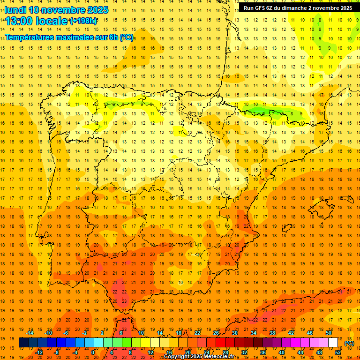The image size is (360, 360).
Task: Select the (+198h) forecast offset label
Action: (x=83, y=21)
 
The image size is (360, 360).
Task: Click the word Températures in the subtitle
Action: (x=31, y=37)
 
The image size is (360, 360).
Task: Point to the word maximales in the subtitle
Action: (x=78, y=37)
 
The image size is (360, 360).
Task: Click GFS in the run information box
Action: (x=261, y=8)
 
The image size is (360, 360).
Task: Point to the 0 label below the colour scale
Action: (x=93, y=352)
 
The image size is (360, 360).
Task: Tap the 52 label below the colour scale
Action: (x=338, y=352)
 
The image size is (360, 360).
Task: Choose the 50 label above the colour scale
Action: (x=329, y=333)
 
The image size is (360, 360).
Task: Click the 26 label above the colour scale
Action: (x=216, y=333)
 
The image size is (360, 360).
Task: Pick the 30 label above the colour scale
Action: (x=235, y=333)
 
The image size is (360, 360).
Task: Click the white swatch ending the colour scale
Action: (x=333, y=343)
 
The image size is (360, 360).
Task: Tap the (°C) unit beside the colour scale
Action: (x=349, y=343)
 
